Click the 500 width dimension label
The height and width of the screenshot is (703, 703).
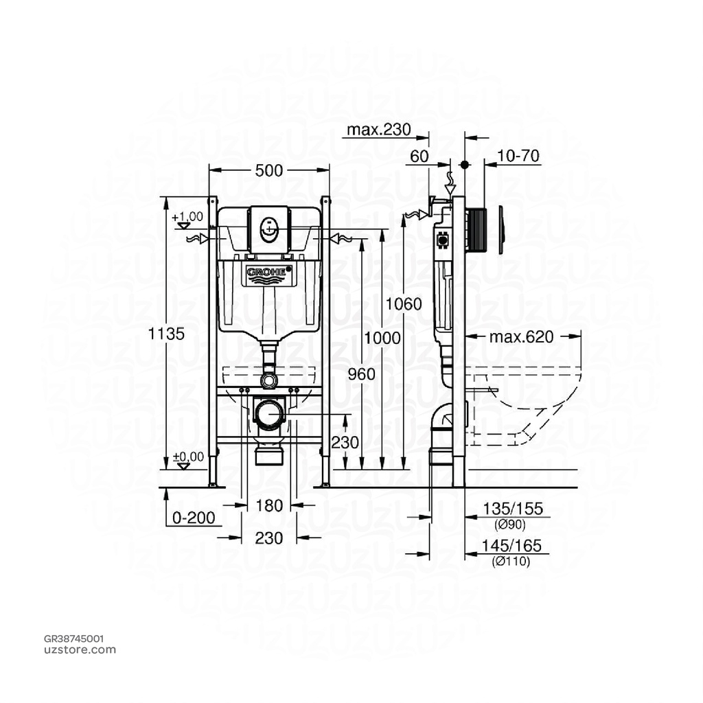pos(268,172)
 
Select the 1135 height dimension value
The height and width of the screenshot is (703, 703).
pos(167,334)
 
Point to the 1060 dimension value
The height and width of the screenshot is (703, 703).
pos(404,304)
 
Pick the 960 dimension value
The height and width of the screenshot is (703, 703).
pos(361,374)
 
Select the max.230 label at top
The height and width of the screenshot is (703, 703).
pos(378,130)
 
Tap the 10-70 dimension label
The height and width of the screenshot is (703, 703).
pos(519,157)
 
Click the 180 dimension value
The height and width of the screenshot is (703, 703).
pos(269,505)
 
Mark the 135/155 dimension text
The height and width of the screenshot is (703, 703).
pos(513,509)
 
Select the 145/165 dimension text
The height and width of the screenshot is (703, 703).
pos(513,546)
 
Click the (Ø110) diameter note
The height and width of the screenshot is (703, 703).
pos(511,561)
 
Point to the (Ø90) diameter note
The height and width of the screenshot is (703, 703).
pos(510,525)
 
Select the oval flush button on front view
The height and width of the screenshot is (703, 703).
pos(268,227)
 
